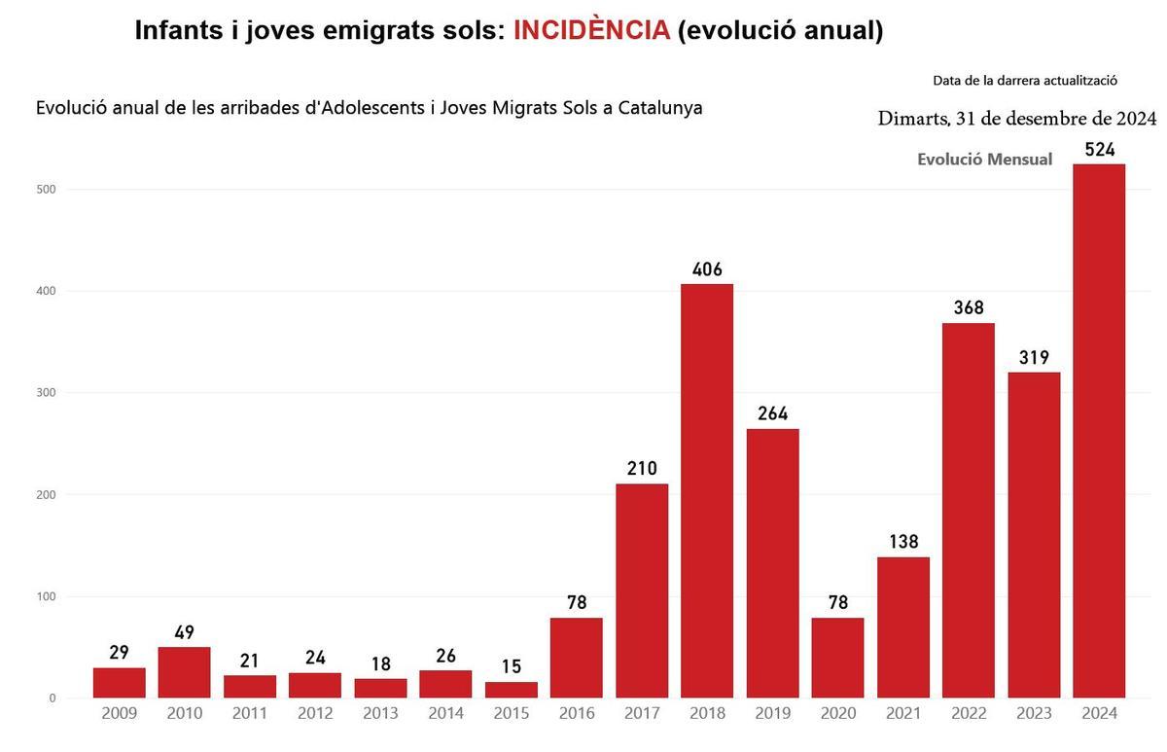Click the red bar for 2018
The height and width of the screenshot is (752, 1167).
point(707,490)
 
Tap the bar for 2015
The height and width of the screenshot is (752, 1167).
point(512,689)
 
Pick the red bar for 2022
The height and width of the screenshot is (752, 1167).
point(969,510)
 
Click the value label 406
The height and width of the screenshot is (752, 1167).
point(707,269)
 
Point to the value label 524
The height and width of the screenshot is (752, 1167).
point(1099,150)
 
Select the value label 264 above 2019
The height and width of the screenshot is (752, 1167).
point(772,414)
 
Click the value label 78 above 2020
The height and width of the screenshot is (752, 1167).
point(837,603)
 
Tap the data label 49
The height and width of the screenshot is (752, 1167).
point(185,632)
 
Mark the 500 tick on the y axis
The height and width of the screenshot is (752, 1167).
point(47,190)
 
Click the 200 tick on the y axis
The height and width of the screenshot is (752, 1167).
point(47,495)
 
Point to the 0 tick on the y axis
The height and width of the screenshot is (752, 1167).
point(52,698)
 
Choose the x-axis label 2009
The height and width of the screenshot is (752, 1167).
point(119,714)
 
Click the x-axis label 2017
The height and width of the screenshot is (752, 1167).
point(642,714)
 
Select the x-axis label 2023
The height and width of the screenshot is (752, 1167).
point(1034,714)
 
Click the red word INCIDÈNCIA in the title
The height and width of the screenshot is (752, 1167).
point(591,30)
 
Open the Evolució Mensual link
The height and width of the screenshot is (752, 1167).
point(984,160)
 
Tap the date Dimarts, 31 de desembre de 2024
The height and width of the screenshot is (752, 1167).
point(1016,120)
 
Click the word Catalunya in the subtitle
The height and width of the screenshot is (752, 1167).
point(655,107)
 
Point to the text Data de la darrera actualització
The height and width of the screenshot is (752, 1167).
point(1024,81)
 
